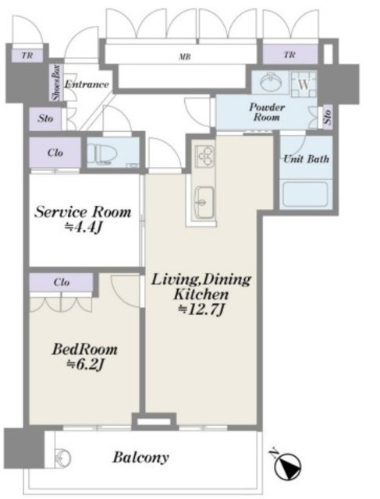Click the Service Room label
pyautogui.click(x=83, y=212)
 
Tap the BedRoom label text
pyautogui.click(x=85, y=349)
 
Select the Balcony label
pyautogui.click(x=140, y=458)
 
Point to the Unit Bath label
pyautogui.click(x=306, y=158)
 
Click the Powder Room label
pyautogui.click(x=267, y=111)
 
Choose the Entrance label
pyautogui.click(x=87, y=84)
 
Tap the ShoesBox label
pyautogui.click(x=57, y=82)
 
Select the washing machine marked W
pyautogui.click(x=304, y=84)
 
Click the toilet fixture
pyautogui.click(x=100, y=154)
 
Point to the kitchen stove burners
pyautogui.click(x=204, y=156)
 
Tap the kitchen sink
pyautogui.click(x=204, y=202)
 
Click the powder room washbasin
pyautogui.click(x=272, y=83)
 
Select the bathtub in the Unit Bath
pyautogui.click(x=305, y=194)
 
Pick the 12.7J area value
pyautogui.click(x=201, y=310)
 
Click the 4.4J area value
pyautogui.click(x=83, y=227)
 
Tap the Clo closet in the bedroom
pyautogui.click(x=61, y=282)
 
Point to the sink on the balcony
pyautogui.click(x=62, y=458)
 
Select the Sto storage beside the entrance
pyautogui.click(x=45, y=119)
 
